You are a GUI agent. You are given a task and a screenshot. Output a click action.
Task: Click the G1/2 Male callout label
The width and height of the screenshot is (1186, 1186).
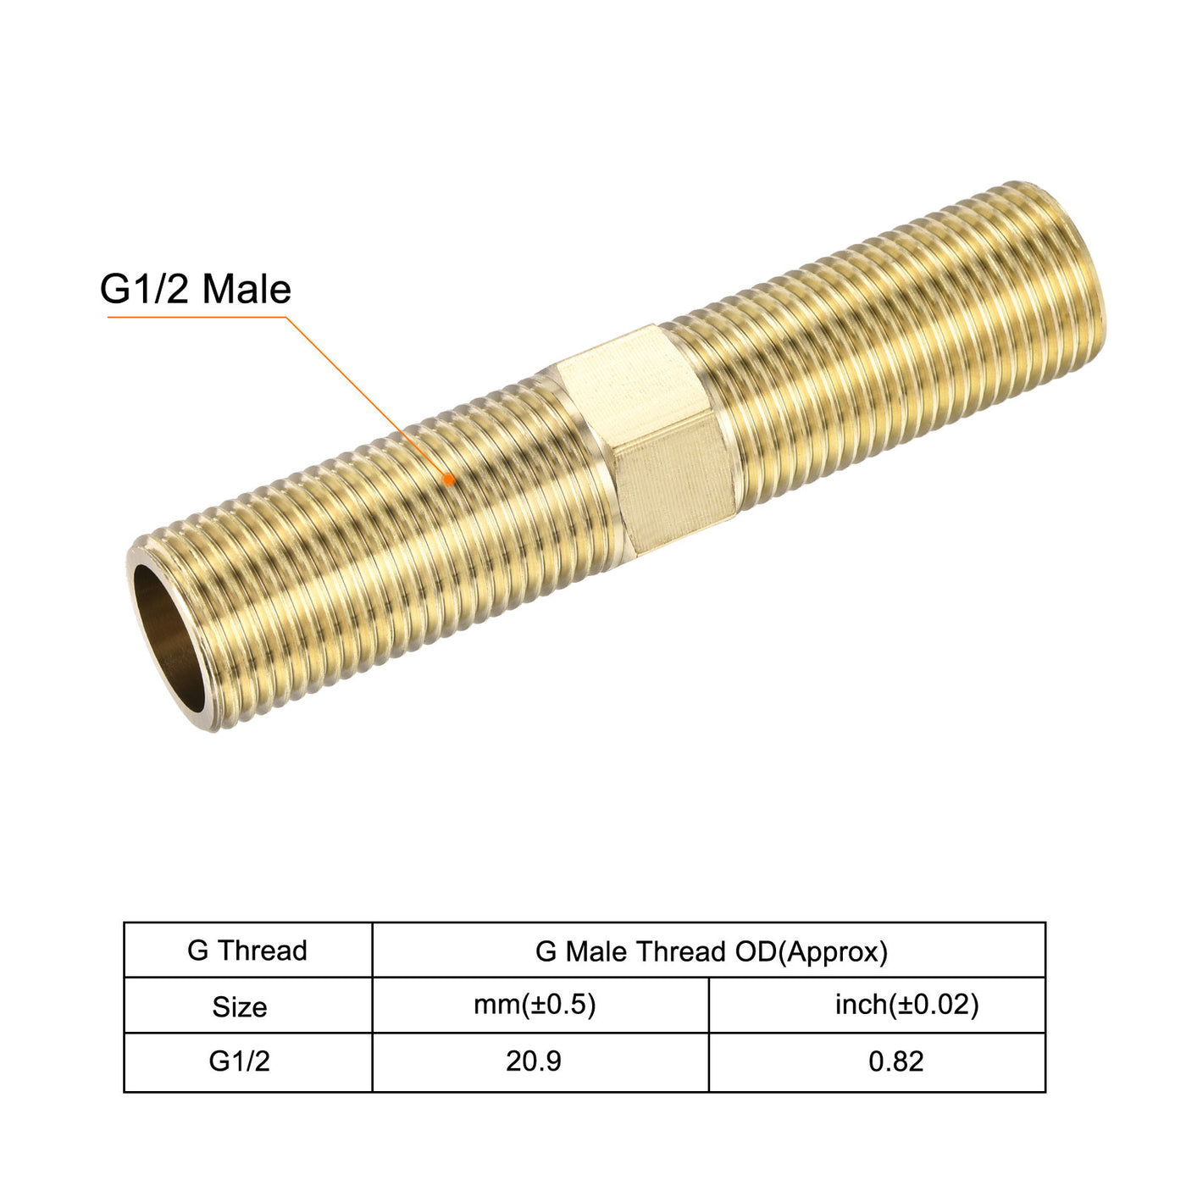click(x=196, y=290)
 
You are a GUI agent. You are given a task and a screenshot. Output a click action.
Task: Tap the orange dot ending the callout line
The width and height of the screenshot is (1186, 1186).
click(x=449, y=479)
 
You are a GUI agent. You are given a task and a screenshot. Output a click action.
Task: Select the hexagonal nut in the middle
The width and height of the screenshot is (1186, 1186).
click(x=644, y=441)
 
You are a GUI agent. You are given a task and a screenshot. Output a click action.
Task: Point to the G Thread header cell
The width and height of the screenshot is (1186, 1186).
click(x=247, y=950)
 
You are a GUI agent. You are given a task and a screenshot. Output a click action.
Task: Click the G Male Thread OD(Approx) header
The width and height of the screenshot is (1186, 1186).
click(x=711, y=951)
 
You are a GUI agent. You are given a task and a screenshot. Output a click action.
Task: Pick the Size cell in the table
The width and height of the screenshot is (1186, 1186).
click(x=240, y=1006)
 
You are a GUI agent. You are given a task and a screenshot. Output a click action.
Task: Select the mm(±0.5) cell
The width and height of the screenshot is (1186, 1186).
click(x=535, y=1005)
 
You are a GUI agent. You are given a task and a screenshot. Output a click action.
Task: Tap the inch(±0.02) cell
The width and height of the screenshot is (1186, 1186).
click(x=906, y=1005)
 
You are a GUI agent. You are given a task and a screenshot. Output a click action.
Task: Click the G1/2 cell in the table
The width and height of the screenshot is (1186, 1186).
click(x=240, y=1061)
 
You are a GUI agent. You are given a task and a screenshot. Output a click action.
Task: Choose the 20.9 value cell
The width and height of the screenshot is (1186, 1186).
click(x=534, y=1061)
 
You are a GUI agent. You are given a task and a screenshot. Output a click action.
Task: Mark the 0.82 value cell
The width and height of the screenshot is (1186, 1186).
click(x=896, y=1061)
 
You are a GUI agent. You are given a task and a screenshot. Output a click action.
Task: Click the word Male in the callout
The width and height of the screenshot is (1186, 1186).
click(x=247, y=290)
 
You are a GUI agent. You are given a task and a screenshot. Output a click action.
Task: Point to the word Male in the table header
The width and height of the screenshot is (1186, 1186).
click(x=596, y=951)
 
